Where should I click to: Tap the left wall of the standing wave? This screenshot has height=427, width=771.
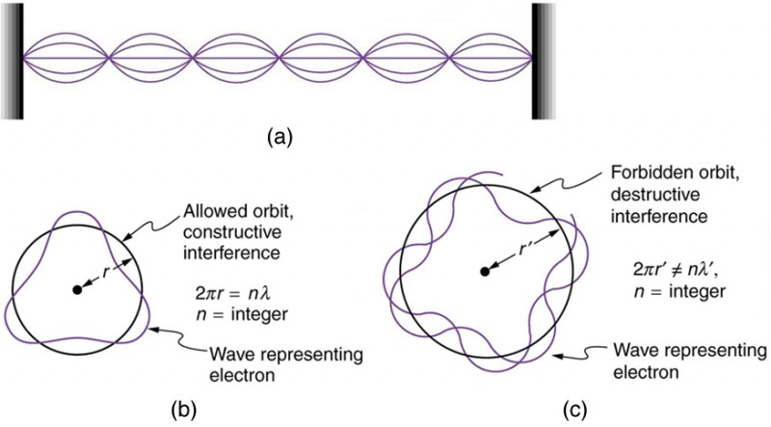tap(13, 60)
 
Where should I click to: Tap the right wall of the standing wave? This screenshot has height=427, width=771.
tap(545, 60)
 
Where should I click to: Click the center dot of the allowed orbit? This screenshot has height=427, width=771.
tap(75, 290)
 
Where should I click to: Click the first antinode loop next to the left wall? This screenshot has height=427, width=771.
tap(67, 60)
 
